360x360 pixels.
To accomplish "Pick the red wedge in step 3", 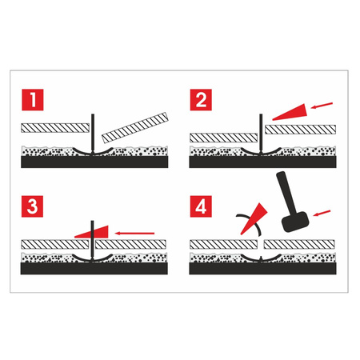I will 88,232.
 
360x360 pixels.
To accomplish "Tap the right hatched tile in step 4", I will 299,242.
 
